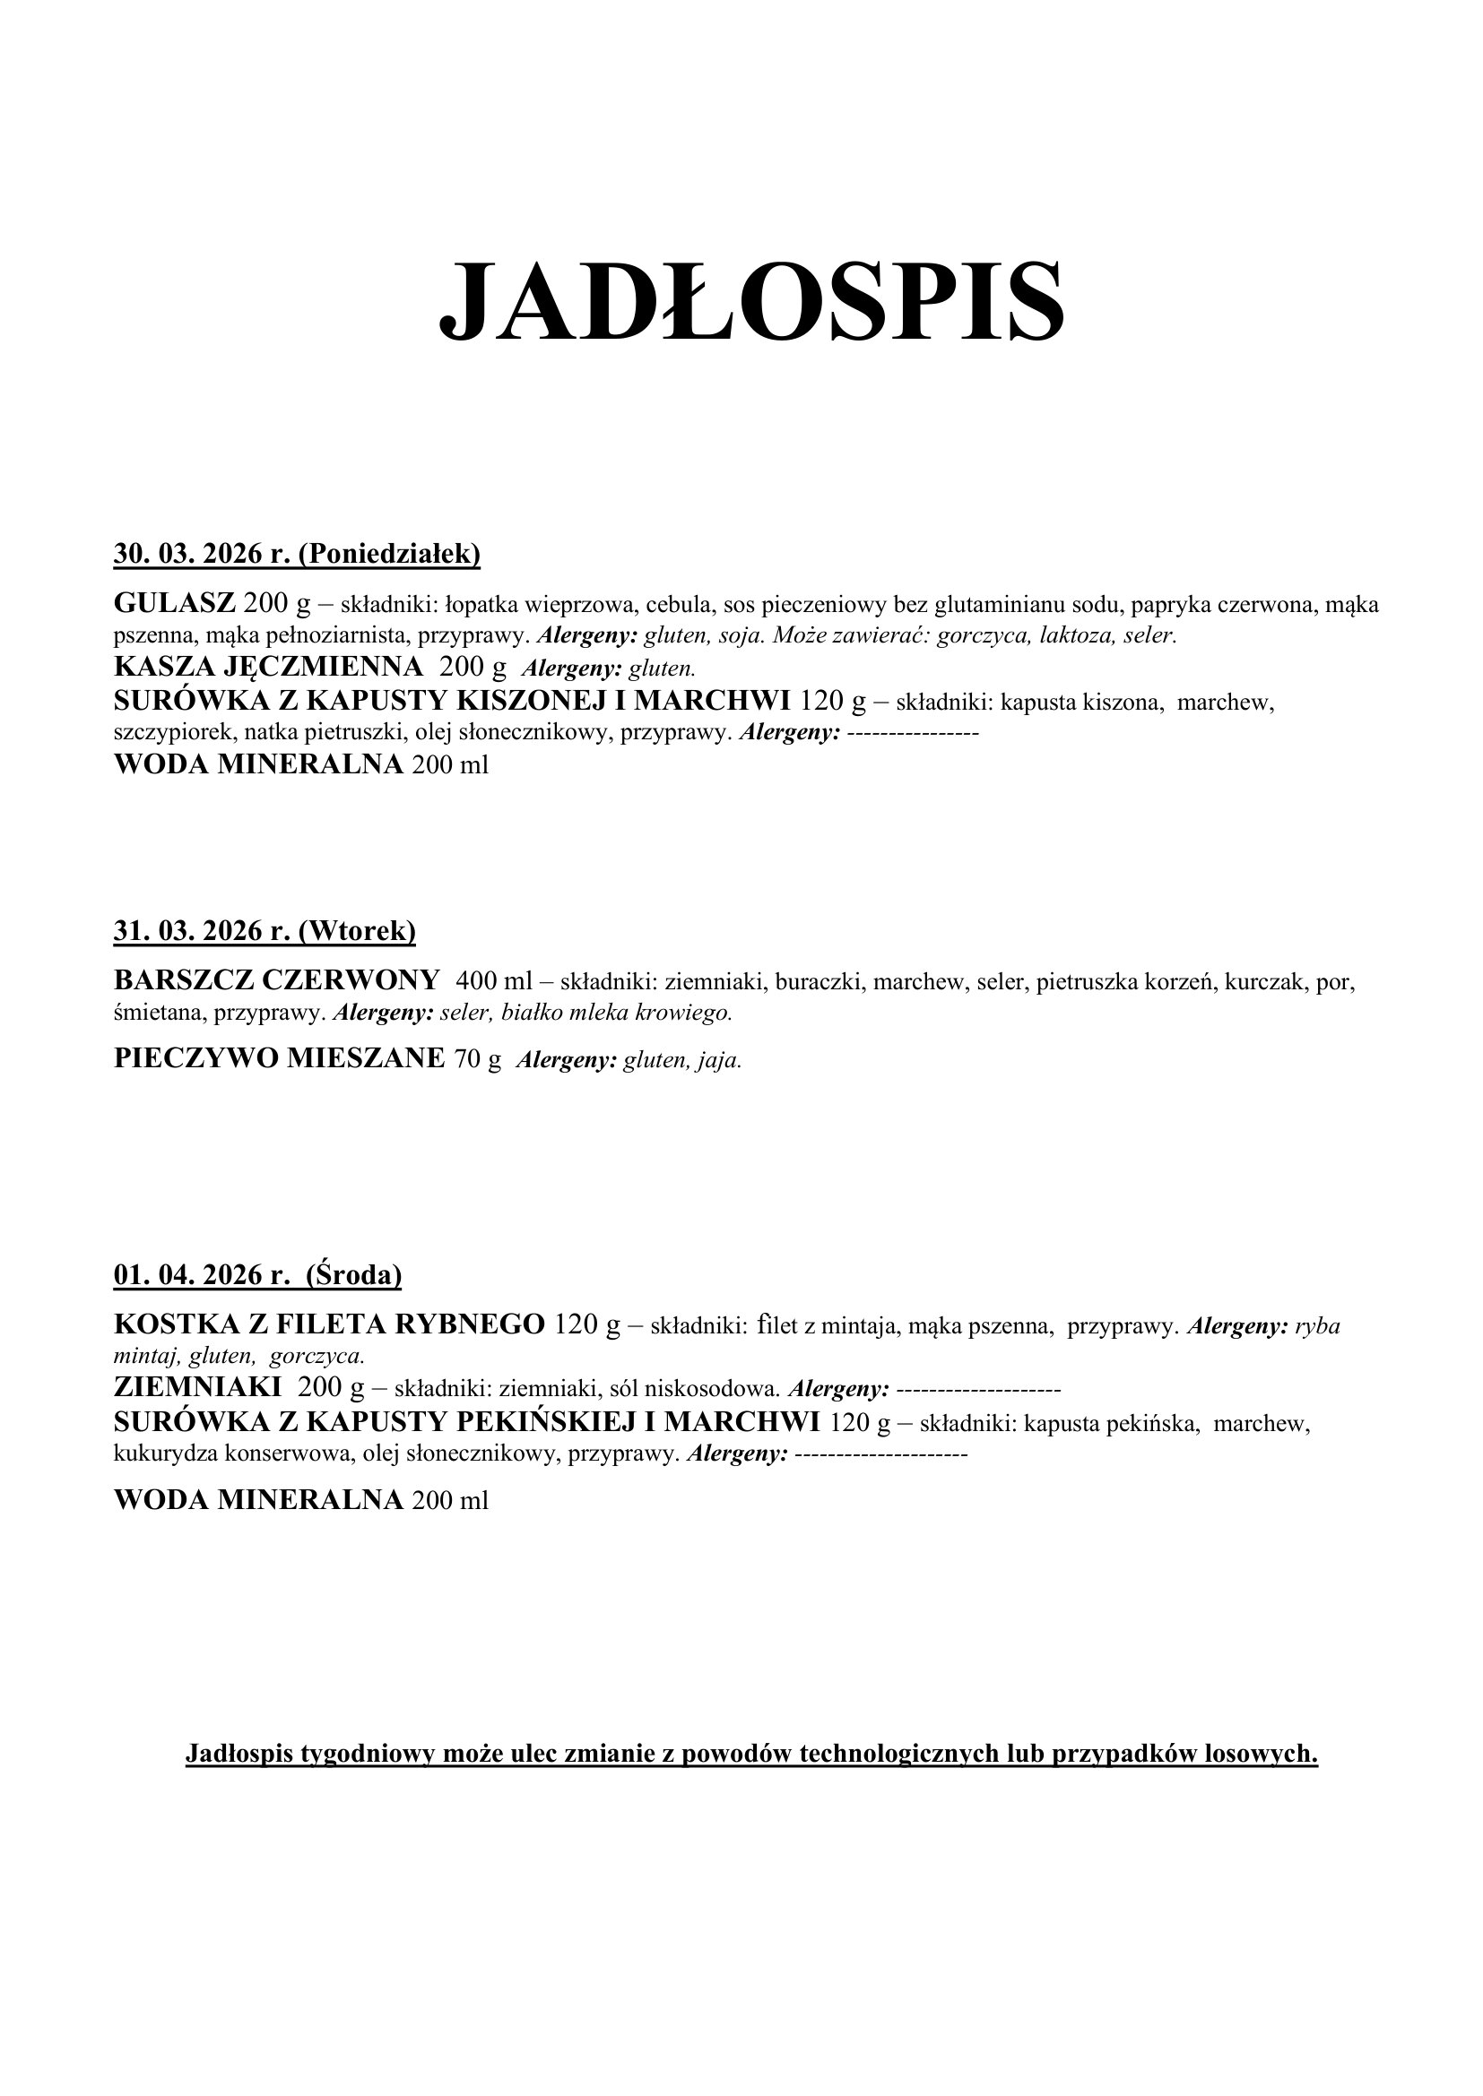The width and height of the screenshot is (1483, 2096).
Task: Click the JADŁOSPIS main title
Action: point(750,301)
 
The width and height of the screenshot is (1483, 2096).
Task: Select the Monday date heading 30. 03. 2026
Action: point(198,554)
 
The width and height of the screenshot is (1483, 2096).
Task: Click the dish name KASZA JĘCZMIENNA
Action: point(268,668)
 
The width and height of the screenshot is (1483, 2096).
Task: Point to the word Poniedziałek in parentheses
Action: point(389,554)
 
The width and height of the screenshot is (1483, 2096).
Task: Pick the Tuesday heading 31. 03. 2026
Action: point(198,931)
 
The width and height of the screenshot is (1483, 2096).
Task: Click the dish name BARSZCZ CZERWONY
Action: point(277,980)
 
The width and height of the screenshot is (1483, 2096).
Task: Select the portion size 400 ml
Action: point(493,981)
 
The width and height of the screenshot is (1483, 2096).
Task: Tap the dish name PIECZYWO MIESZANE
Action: point(280,1058)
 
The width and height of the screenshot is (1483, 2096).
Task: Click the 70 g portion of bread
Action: point(478,1059)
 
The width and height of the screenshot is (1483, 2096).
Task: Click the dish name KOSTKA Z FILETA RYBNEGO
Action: point(330,1324)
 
